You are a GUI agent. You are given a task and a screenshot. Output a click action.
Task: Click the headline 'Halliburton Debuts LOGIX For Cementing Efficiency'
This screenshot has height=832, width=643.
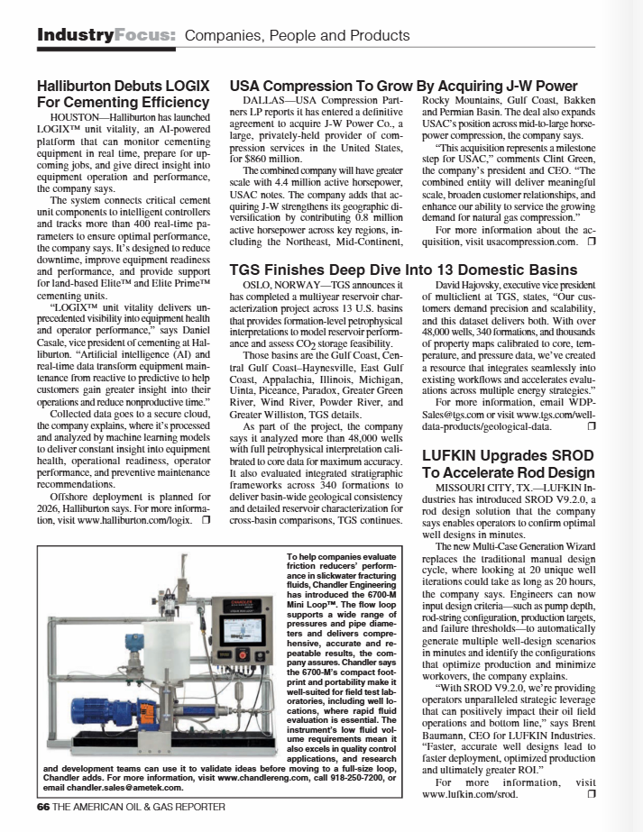click(x=123, y=94)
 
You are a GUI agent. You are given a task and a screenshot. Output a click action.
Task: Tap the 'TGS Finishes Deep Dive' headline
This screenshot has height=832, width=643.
click(x=403, y=270)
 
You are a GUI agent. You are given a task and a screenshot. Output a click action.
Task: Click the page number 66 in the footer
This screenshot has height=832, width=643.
click(x=42, y=808)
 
